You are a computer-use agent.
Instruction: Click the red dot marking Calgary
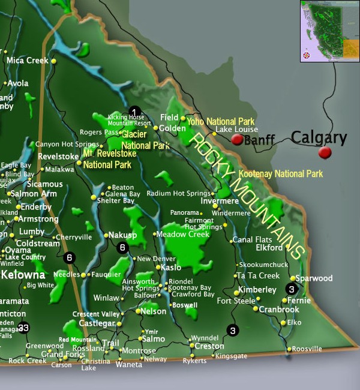pyautogui.click(x=325, y=152)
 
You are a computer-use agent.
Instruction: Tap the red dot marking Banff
pyautogui.click(x=237, y=139)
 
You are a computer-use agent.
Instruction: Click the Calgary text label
pyautogui.click(x=319, y=138)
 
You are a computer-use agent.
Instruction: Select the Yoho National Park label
pyautogui.click(x=221, y=121)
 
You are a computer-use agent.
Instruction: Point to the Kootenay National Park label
pyautogui.click(x=281, y=174)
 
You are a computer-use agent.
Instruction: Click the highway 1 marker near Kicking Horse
pyautogui.click(x=134, y=112)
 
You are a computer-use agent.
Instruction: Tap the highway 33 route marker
pyautogui.click(x=23, y=327)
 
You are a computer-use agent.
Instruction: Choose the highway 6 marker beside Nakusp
pyautogui.click(x=123, y=247)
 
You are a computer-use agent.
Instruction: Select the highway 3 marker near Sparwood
pyautogui.click(x=291, y=289)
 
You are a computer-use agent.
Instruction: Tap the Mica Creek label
pyautogui.click(x=27, y=61)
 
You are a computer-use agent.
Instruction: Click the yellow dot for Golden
pyautogui.click(x=155, y=128)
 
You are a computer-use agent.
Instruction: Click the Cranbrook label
pyautogui.click(x=279, y=310)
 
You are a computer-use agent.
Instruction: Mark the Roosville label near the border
pyautogui.click(x=307, y=349)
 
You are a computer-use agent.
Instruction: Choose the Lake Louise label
pyautogui.click(x=236, y=130)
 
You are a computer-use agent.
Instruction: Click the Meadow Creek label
pyautogui.click(x=183, y=234)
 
